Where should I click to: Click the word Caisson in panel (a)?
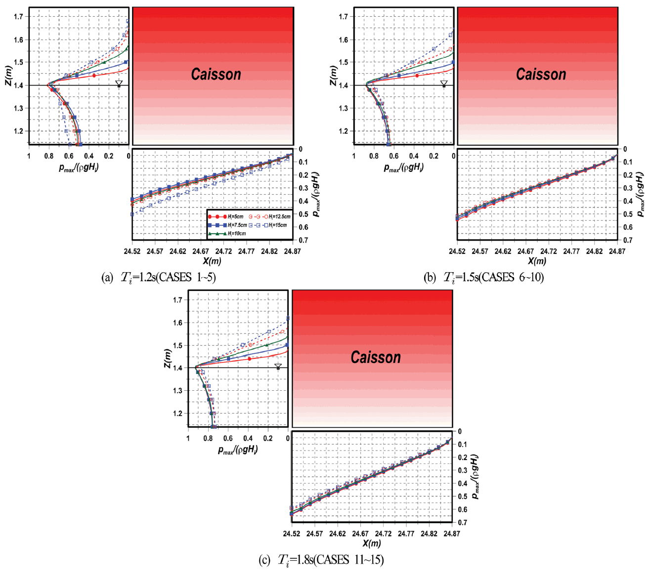click(216, 75)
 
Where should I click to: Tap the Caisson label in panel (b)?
click(541, 75)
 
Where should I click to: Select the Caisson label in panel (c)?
click(376, 357)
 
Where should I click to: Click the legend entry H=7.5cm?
click(227, 225)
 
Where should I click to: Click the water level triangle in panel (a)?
click(119, 83)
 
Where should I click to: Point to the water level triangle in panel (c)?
click(278, 367)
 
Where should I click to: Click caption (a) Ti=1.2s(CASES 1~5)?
click(158, 277)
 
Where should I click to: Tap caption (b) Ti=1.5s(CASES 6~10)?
click(483, 277)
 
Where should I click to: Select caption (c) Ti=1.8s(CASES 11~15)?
click(321, 560)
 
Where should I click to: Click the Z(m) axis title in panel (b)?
click(334, 75)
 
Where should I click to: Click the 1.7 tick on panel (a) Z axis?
click(19, 17)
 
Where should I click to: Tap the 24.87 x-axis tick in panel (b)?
click(617, 251)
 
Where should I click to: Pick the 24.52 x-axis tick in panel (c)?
click(292, 534)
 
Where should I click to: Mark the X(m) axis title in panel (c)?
click(372, 543)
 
